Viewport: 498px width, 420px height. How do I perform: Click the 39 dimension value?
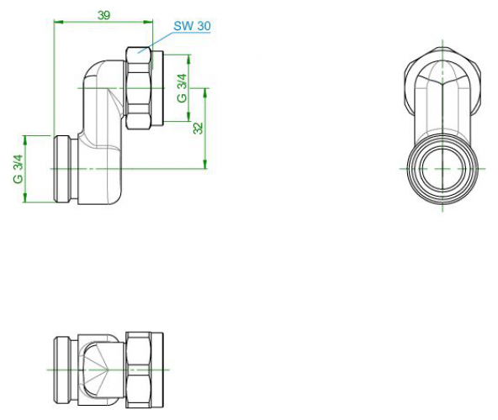pyautogui.click(x=103, y=15)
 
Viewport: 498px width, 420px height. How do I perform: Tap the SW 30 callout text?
pyautogui.click(x=192, y=26)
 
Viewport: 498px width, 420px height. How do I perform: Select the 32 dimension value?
pyautogui.click(x=198, y=129)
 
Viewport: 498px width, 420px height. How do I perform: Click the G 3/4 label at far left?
pyautogui.click(x=19, y=169)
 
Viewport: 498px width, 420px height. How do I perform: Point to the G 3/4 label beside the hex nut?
pyautogui.click(x=182, y=88)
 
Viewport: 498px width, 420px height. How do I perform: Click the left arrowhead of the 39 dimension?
pyautogui.click(x=59, y=22)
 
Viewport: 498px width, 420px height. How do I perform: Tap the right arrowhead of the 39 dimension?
pyautogui.click(x=148, y=22)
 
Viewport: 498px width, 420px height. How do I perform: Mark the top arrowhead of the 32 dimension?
pyautogui.click(x=205, y=92)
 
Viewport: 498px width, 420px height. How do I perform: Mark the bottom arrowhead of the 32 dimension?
pyautogui.click(x=205, y=164)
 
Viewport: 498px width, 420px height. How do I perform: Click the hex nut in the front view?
pyautogui.click(x=139, y=88)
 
